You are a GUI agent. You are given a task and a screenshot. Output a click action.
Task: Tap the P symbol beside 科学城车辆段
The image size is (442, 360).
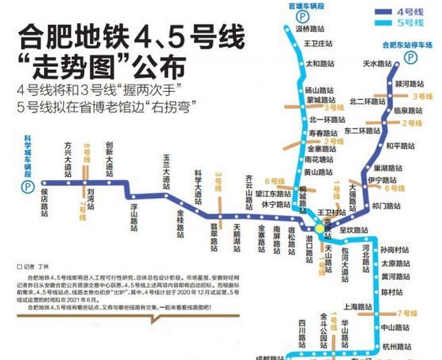(x=27, y=186)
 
